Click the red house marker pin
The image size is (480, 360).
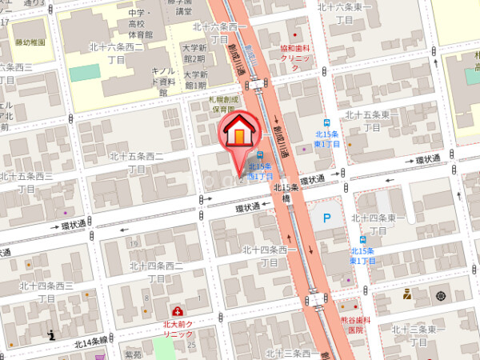(x=238, y=133)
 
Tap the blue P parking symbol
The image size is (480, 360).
(x=326, y=217)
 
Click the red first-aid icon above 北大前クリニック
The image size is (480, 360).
(x=177, y=310)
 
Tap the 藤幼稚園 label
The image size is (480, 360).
(x=30, y=42)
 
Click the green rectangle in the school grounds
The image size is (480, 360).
(x=85, y=72)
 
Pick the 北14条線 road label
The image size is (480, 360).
(x=90, y=342)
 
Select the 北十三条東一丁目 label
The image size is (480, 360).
(x=418, y=335)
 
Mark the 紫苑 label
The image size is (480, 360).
(x=132, y=353)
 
